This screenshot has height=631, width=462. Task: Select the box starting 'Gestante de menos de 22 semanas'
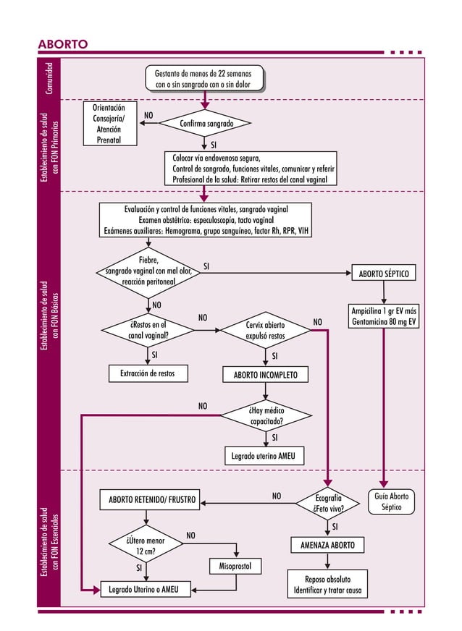203,79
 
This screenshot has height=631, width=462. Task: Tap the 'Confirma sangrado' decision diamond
206,124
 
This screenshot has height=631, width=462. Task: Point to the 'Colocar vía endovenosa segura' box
251,169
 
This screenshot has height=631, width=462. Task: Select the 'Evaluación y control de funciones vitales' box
206,220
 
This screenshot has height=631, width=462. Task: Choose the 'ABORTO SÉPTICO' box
384,274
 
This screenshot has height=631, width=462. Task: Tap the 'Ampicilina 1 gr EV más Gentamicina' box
384,316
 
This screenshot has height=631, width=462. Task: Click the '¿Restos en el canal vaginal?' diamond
148,330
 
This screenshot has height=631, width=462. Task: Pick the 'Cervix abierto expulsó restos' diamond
265,331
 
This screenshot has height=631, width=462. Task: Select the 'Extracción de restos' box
148,373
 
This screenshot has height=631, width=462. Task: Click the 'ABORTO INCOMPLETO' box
265,375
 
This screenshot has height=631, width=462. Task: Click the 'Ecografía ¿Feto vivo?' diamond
328,503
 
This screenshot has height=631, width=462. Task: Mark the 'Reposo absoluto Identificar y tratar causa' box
328,585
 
